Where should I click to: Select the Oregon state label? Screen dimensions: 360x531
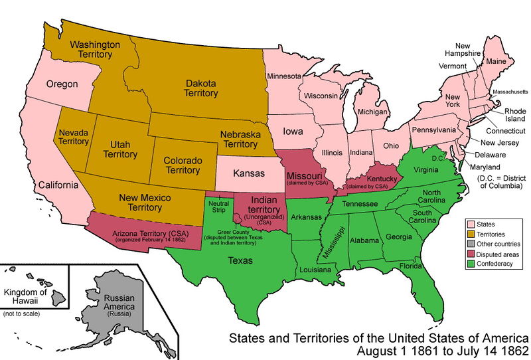click(62, 84)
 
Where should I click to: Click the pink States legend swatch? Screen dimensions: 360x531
click(471, 225)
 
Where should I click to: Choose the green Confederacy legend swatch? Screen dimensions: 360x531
click(471, 262)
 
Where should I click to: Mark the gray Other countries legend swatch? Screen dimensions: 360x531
click(471, 244)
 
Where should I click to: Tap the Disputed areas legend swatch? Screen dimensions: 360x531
click(471, 253)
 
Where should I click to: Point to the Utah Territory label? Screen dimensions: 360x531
click(120, 150)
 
